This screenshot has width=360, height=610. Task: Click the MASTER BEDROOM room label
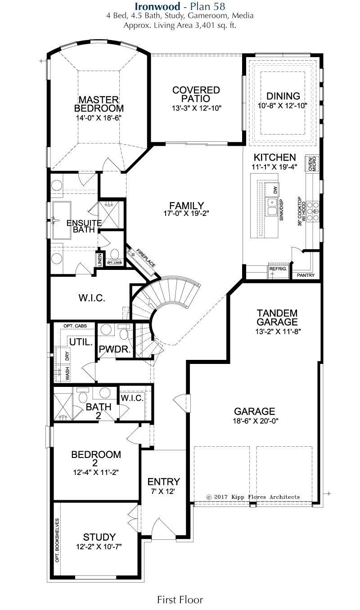[99, 104]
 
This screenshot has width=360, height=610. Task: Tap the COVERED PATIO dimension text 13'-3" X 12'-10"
[196, 108]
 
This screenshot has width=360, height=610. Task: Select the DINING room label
[283, 96]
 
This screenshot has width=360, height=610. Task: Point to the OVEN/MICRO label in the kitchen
[312, 163]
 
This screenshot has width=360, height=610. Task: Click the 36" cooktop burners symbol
[313, 211]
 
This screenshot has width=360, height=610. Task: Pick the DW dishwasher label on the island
[275, 190]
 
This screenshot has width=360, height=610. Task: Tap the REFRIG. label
[278, 269]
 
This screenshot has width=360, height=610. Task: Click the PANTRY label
[306, 275]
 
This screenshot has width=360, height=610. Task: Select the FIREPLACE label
[146, 258]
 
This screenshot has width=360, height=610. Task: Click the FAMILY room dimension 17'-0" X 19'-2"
[186, 213]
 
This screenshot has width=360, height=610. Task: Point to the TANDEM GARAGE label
[277, 317]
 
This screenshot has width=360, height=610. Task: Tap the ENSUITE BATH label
[84, 226]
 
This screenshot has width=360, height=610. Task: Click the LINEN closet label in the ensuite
[99, 260]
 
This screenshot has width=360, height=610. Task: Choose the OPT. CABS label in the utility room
[75, 326]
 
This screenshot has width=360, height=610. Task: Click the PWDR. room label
[115, 349]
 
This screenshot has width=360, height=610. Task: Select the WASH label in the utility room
[67, 374]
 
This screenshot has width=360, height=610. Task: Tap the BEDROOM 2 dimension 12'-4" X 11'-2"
[96, 472]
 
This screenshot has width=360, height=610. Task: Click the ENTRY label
[164, 482]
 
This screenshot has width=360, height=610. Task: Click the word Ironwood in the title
[157, 6]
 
